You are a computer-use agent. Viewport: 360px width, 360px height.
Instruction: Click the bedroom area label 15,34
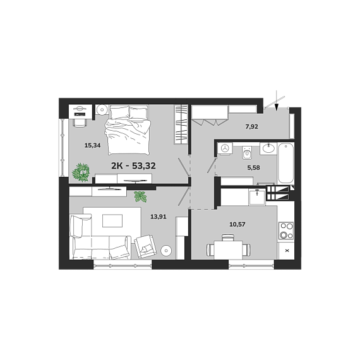(x=92, y=145)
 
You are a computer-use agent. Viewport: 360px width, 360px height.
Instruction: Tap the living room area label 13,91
(x=159, y=217)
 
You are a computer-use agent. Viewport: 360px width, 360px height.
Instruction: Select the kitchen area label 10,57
(x=237, y=224)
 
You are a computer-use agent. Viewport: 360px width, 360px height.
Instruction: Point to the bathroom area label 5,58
(x=253, y=167)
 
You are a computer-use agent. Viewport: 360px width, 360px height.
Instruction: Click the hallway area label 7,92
(x=252, y=126)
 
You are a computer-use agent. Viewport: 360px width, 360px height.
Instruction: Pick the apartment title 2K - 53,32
(x=133, y=165)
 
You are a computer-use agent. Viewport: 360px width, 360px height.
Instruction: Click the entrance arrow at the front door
(x=277, y=100)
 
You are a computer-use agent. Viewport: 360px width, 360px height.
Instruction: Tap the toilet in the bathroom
(x=247, y=152)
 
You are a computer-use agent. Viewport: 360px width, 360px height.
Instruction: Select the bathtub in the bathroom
(x=285, y=163)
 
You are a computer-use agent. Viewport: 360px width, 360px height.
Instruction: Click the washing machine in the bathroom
(x=225, y=149)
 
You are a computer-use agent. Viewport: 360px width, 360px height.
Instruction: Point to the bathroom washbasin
(x=268, y=148)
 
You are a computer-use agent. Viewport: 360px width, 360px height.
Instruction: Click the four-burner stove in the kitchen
(x=286, y=231)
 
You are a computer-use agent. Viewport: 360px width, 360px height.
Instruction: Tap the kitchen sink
(x=257, y=197)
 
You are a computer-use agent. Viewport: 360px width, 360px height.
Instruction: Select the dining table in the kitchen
(x=228, y=250)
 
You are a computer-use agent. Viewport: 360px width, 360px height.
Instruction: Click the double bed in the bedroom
(x=128, y=129)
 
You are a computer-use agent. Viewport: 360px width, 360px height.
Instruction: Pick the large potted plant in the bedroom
(x=81, y=172)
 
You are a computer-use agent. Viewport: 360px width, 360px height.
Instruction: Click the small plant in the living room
(x=140, y=197)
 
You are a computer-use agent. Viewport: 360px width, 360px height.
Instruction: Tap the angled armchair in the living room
(x=145, y=247)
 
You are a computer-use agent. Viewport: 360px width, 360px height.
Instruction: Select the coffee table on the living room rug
(x=112, y=220)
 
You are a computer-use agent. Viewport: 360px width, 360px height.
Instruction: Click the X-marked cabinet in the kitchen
(x=287, y=251)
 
